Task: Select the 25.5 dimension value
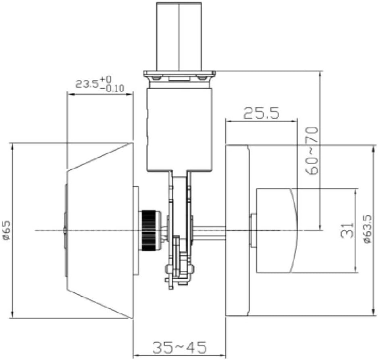coord(261,114)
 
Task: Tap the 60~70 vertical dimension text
coord(312,150)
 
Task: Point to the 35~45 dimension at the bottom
coord(179,347)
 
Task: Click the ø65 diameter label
coord(6,230)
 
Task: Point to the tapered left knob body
coord(99,230)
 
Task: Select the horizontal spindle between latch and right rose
coord(209,231)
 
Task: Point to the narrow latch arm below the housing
coord(180,202)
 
